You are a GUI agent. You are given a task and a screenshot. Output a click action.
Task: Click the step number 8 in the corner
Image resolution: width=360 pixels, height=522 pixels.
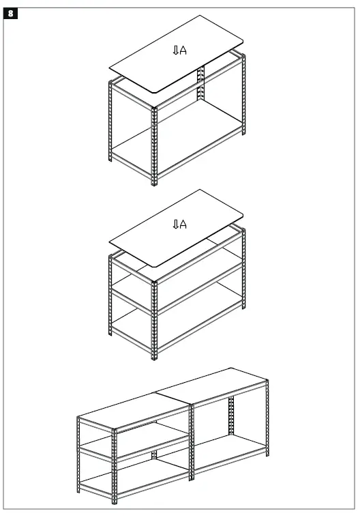coord(10,13)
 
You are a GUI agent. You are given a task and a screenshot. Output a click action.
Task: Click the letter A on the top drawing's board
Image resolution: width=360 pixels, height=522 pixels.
coord(183,50)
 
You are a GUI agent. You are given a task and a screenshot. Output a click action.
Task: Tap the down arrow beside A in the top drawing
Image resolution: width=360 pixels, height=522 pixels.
coord(175,50)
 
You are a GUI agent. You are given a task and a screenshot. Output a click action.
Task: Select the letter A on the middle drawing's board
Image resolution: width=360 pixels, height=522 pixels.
coord(183,224)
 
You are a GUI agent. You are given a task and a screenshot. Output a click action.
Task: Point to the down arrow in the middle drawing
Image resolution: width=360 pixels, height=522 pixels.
coord(175,224)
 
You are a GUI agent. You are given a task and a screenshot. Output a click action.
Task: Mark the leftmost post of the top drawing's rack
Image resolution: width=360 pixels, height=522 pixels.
coord(110,123)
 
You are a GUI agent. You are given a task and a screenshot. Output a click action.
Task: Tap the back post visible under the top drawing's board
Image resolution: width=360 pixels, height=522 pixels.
coord(200,85)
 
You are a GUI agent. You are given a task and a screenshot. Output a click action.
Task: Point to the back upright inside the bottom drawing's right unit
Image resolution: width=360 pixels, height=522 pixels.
coord(231,416)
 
